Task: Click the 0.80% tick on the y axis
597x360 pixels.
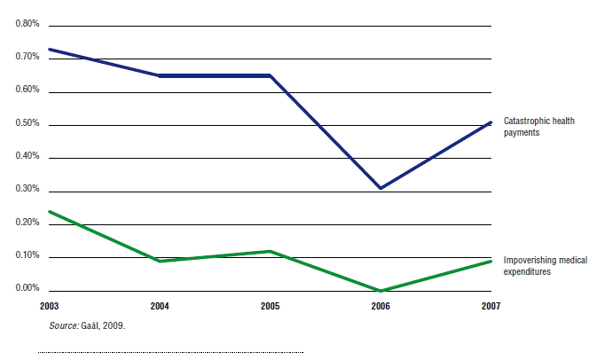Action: [27, 23]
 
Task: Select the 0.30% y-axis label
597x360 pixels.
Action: [27, 189]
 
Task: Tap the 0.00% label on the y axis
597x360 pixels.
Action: [27, 288]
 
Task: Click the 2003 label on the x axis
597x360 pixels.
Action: [50, 306]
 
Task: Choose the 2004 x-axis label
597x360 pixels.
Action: [160, 306]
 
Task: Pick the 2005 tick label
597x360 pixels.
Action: [270, 306]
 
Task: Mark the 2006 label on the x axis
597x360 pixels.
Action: [381, 306]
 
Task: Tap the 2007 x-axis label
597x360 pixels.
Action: [491, 306]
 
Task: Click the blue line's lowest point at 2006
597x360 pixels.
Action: [381, 188]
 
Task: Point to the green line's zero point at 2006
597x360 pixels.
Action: [381, 290]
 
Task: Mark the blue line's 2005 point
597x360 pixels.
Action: [270, 75]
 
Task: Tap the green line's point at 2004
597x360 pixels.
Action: [160, 261]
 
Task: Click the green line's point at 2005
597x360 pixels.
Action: [270, 251]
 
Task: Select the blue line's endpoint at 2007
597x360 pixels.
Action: [491, 122]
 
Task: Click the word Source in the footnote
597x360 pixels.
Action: [64, 327]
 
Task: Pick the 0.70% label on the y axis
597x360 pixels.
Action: [27, 57]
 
